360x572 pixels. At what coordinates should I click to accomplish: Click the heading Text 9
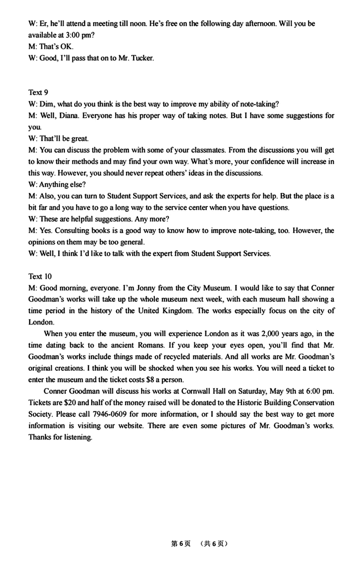[x=38, y=92]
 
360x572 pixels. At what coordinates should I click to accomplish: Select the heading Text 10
[x=40, y=276]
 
